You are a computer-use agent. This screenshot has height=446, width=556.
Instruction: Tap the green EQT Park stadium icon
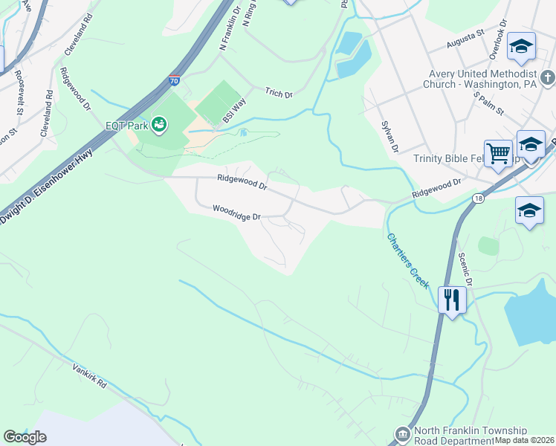click(159, 125)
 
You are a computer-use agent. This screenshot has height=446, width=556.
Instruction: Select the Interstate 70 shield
click(173, 80)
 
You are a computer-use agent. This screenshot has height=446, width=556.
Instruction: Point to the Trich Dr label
click(279, 94)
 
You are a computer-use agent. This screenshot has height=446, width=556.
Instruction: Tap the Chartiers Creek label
click(407, 261)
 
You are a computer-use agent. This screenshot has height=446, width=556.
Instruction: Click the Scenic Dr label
click(466, 265)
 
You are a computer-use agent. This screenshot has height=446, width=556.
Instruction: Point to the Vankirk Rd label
click(90, 377)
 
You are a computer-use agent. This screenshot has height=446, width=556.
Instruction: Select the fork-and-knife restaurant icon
click(451, 300)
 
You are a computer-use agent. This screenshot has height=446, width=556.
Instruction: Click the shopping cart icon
click(498, 154)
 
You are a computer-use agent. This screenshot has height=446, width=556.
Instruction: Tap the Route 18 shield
click(478, 198)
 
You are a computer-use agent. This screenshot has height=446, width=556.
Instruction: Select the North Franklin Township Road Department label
click(471, 436)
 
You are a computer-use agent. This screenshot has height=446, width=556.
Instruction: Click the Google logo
click(25, 437)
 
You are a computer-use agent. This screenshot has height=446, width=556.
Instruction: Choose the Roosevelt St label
click(16, 91)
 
